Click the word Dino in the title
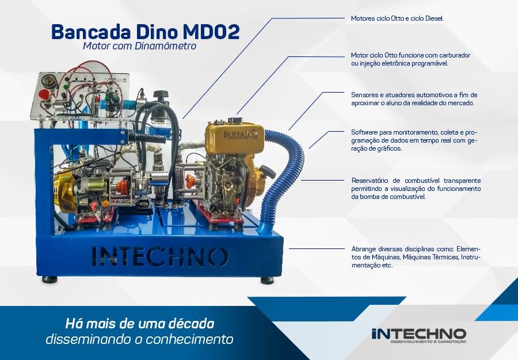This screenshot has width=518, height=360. pos(156,32)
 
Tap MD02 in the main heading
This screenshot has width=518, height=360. pos(211,32)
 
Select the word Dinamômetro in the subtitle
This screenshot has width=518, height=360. pos(166,46)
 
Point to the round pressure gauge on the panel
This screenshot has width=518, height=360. pos(48,80)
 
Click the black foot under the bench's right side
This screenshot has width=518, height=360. pos(267,281)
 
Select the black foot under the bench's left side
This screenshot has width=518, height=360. pos(49,279)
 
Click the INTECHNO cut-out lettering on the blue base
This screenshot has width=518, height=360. pos(160,256)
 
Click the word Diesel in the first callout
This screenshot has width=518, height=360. pos(435,18)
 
